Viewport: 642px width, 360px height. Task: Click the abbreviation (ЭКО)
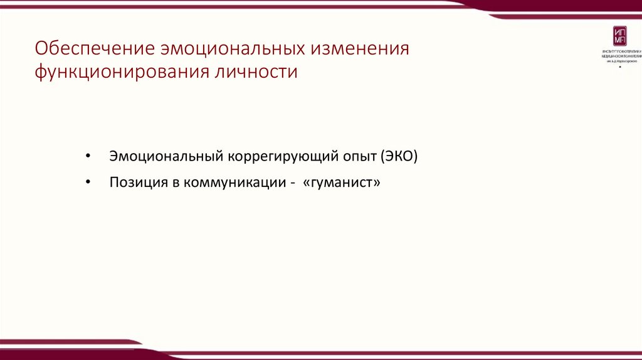point(398,156)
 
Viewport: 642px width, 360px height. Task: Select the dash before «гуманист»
point(292,184)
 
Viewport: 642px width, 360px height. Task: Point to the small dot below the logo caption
point(620,66)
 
